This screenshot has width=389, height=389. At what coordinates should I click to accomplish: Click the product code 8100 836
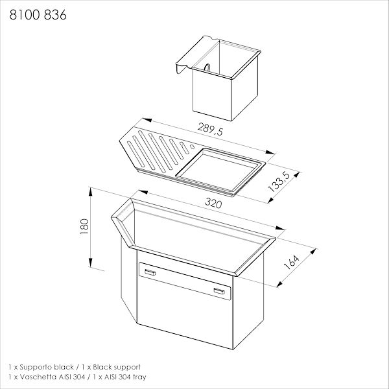pos(38,15)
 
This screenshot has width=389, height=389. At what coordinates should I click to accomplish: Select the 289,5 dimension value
pos(210,129)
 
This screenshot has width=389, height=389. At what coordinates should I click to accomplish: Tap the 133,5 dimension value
pos(279,182)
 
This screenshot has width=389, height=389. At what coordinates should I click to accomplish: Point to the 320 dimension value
pos(213,203)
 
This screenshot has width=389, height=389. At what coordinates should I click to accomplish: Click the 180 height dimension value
pos(84,226)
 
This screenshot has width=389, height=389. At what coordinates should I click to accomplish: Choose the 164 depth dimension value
pos(291,262)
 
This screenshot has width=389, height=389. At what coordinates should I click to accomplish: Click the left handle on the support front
pos(150,272)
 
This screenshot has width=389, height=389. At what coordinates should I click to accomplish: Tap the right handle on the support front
pos(219,291)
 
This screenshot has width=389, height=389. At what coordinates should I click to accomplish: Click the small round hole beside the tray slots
pos(192,147)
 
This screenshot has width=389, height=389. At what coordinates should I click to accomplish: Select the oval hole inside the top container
pos(207,67)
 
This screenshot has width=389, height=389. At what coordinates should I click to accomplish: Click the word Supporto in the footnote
pos(36,368)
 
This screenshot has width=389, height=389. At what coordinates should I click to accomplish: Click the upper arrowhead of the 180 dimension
pos(91,192)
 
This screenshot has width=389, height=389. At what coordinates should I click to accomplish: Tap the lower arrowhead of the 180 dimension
pos(91,263)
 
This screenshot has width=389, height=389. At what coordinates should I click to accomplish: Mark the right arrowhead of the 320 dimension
pos(280,228)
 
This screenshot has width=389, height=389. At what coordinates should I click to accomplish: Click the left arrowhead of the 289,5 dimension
pos(147,120)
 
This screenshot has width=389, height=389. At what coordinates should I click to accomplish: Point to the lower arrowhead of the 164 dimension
pos(280,284)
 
